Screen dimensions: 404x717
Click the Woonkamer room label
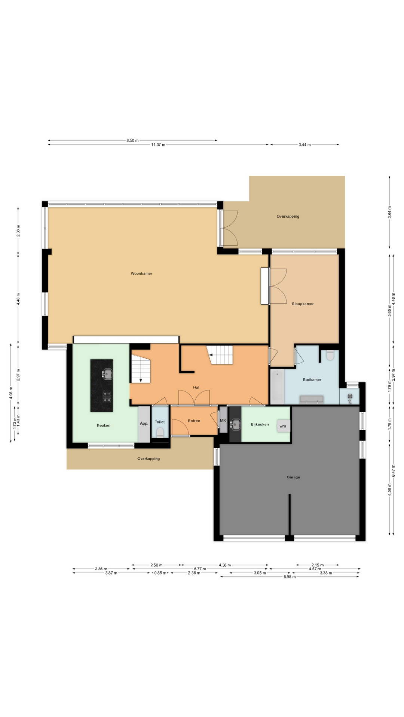coord(141,274)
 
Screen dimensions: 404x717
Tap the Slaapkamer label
coord(303,304)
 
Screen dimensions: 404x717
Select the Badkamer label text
coord(312,380)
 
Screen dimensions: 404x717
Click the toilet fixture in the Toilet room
coord(160,432)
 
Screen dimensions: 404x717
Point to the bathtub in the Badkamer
coord(278,386)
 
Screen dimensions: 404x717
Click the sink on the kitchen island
coord(107,374)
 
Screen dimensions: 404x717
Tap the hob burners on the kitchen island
coord(107,397)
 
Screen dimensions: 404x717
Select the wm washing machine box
coord(283,426)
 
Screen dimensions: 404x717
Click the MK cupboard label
coord(223,420)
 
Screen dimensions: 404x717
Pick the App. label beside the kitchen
coord(144,423)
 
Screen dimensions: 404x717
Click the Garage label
coord(293,477)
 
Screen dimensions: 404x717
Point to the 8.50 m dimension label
coord(132,140)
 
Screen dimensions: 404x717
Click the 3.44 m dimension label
coord(304,145)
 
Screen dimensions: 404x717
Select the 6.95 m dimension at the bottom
coord(290,577)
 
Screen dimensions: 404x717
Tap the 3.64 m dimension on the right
coord(389,212)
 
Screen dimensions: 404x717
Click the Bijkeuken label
coord(260,425)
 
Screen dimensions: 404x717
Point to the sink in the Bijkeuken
coord(235,424)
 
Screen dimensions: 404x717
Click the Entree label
coord(194,421)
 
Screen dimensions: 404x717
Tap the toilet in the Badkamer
coord(330,355)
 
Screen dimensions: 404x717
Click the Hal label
coord(196,388)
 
